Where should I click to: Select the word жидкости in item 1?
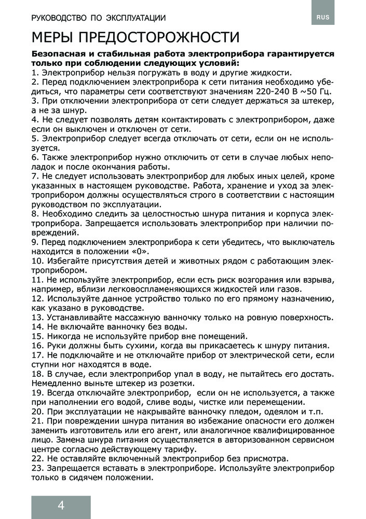click(x=267, y=72)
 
